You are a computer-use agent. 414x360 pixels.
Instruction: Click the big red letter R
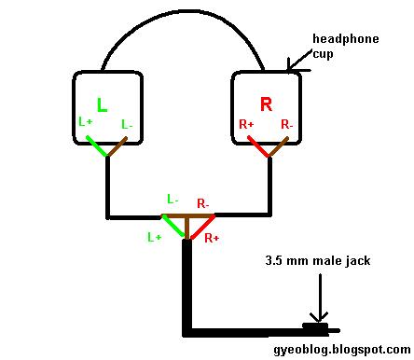(x=266, y=104)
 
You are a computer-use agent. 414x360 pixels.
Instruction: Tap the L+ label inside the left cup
(x=86, y=122)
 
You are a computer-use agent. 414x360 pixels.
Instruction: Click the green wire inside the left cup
(x=98, y=146)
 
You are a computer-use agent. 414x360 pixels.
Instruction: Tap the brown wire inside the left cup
(x=118, y=147)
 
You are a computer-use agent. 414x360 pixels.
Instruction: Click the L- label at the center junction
(x=172, y=200)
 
